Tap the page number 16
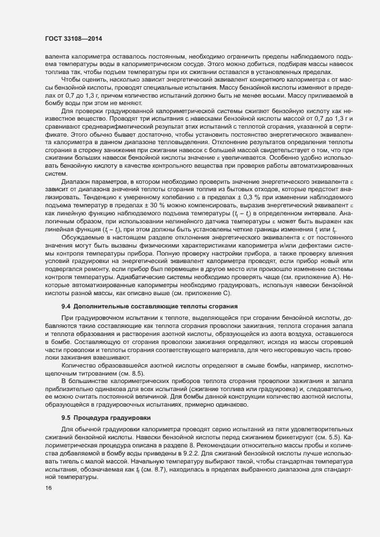(x=41, y=488)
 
